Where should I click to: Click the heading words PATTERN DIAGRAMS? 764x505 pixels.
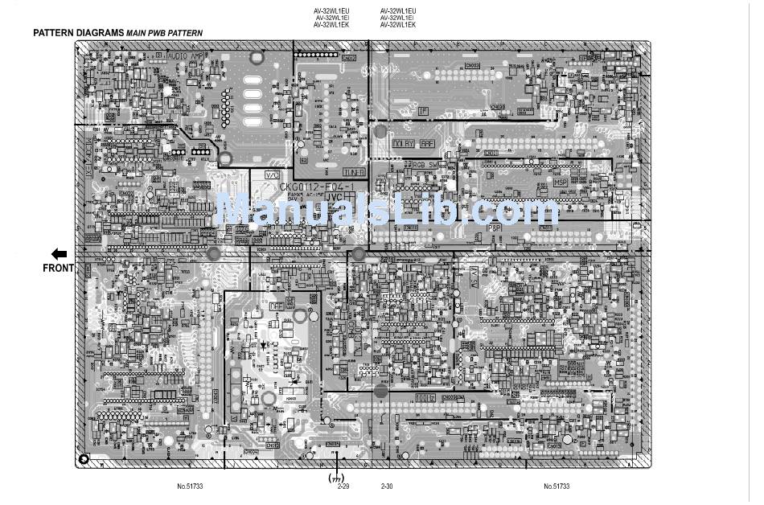[78, 33]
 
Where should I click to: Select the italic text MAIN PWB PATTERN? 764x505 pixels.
[164, 34]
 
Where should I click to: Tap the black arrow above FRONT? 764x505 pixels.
[59, 252]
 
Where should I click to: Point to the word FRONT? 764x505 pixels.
[58, 269]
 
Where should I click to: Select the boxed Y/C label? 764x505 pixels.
[272, 174]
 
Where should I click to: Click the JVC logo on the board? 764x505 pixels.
[337, 195]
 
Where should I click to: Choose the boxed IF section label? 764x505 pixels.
[422, 110]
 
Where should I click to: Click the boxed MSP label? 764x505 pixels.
[561, 183]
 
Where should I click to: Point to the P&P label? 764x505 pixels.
[496, 228]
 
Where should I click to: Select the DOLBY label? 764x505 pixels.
[403, 144]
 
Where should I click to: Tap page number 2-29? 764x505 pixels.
[343, 487]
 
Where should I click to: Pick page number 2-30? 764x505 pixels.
[387, 487]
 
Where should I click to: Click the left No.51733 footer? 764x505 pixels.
[191, 487]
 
